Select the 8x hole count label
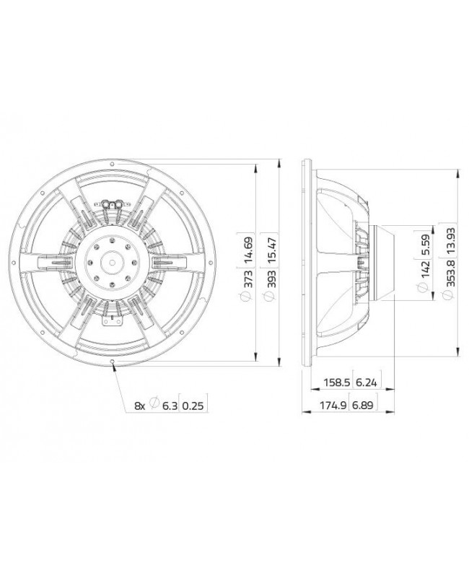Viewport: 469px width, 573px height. (140, 406)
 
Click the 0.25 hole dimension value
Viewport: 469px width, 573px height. (193, 406)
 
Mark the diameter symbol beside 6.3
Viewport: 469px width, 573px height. (154, 406)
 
